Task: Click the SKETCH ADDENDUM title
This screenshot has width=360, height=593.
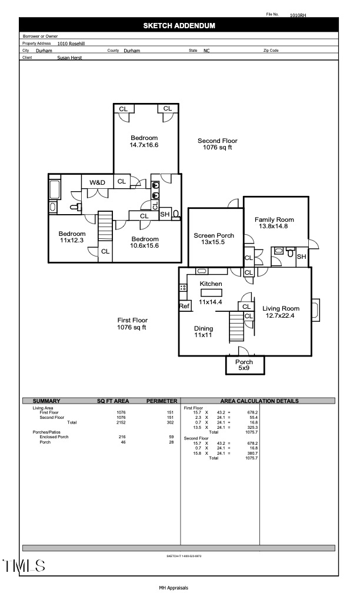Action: [x=179, y=26]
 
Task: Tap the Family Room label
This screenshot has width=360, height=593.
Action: [x=274, y=219]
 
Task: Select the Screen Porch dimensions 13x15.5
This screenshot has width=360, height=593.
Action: [x=213, y=242]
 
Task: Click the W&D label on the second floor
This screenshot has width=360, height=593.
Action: [x=97, y=182]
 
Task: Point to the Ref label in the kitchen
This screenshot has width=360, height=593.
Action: [x=184, y=306]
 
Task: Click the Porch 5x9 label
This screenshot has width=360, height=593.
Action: [x=244, y=365]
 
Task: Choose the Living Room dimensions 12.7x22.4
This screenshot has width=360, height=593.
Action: [x=280, y=315]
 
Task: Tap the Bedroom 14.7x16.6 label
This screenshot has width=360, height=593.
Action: [x=144, y=141]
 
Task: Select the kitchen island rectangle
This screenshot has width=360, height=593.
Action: [x=211, y=293]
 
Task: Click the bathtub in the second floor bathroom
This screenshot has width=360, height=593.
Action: [x=55, y=190]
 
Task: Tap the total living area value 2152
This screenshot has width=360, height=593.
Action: [x=121, y=422]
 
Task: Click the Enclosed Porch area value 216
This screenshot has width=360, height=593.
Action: [x=122, y=437]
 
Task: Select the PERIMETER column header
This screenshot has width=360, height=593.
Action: [x=162, y=401]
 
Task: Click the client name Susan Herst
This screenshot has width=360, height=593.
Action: [x=69, y=58]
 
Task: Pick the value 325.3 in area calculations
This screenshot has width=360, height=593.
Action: [x=252, y=427]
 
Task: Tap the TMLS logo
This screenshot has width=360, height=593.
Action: [x=24, y=566]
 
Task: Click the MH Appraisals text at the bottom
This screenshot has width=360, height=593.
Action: [x=174, y=588]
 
